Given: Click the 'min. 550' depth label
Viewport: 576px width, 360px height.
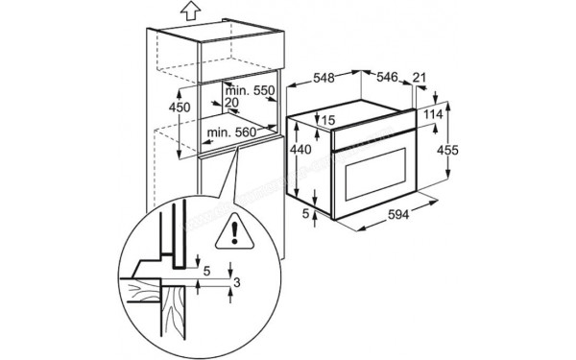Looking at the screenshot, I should tap(252, 90).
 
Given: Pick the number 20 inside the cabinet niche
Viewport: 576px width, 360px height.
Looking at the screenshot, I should tap(230, 103).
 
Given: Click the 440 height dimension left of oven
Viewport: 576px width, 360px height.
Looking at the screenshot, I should tap(302, 150).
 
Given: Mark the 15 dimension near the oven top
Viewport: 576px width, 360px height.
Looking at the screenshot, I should tap(328, 121).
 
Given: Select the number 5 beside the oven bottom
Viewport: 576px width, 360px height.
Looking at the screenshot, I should tap(305, 213).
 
